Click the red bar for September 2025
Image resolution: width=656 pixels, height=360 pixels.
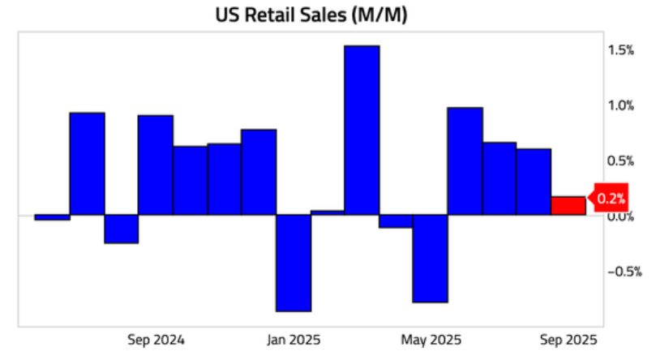pos(568,206)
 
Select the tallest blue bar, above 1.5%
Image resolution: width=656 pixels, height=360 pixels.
pos(362,130)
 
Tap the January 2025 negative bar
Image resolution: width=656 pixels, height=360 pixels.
pos(294,263)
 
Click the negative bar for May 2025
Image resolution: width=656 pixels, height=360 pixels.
pos(430,259)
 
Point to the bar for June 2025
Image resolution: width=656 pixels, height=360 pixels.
pos(465,161)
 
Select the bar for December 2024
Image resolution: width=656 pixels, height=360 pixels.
pos(259,172)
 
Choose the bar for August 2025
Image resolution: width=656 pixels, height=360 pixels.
pos(534,182)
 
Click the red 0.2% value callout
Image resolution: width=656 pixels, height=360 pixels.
pos(610,198)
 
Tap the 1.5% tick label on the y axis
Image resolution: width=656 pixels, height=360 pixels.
pos(621,50)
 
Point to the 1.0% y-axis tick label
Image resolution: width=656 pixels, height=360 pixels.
pos(621,105)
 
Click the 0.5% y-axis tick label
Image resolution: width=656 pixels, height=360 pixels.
pos(621,161)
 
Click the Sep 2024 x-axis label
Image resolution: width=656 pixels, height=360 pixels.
pos(156,339)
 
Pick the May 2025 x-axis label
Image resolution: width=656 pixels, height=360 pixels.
pos(431,339)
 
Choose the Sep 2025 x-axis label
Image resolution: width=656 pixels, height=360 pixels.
pos(569,339)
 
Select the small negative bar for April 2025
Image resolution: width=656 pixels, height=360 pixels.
pos(396,221)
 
